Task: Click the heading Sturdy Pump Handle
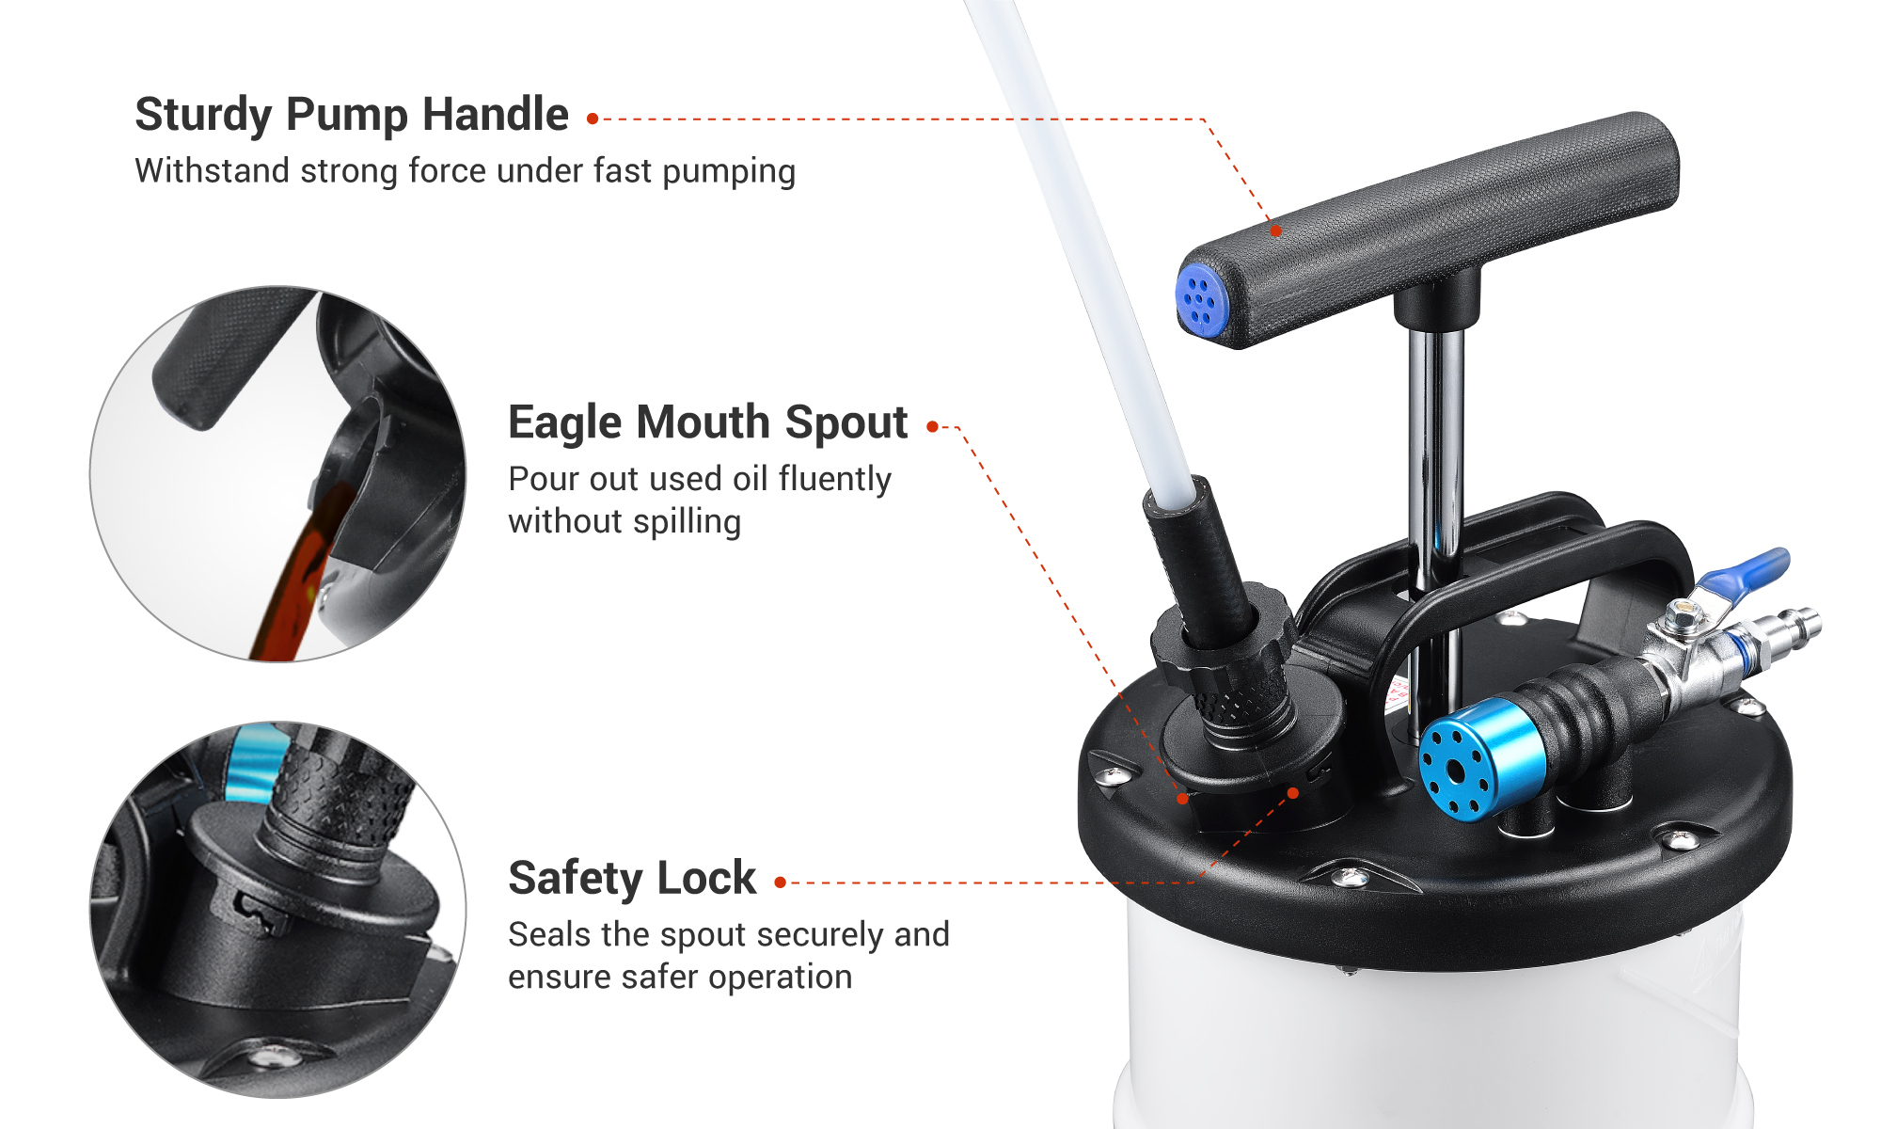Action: tap(352, 115)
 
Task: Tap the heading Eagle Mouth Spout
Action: tap(707, 422)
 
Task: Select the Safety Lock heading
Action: tap(631, 879)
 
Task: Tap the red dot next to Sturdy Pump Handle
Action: tap(593, 119)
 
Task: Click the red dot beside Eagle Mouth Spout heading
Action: tap(932, 427)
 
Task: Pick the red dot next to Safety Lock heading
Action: tap(780, 883)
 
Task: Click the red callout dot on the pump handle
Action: tap(1275, 231)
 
